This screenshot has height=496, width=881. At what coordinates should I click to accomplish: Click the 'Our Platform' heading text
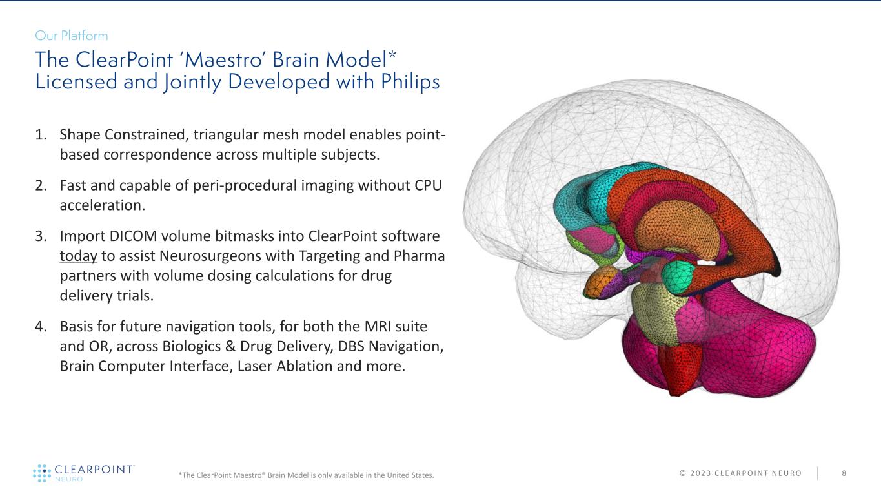click(x=72, y=36)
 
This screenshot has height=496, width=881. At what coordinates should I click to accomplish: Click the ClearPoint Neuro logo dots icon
click(x=41, y=473)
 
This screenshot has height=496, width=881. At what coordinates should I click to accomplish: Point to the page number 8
click(x=844, y=473)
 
